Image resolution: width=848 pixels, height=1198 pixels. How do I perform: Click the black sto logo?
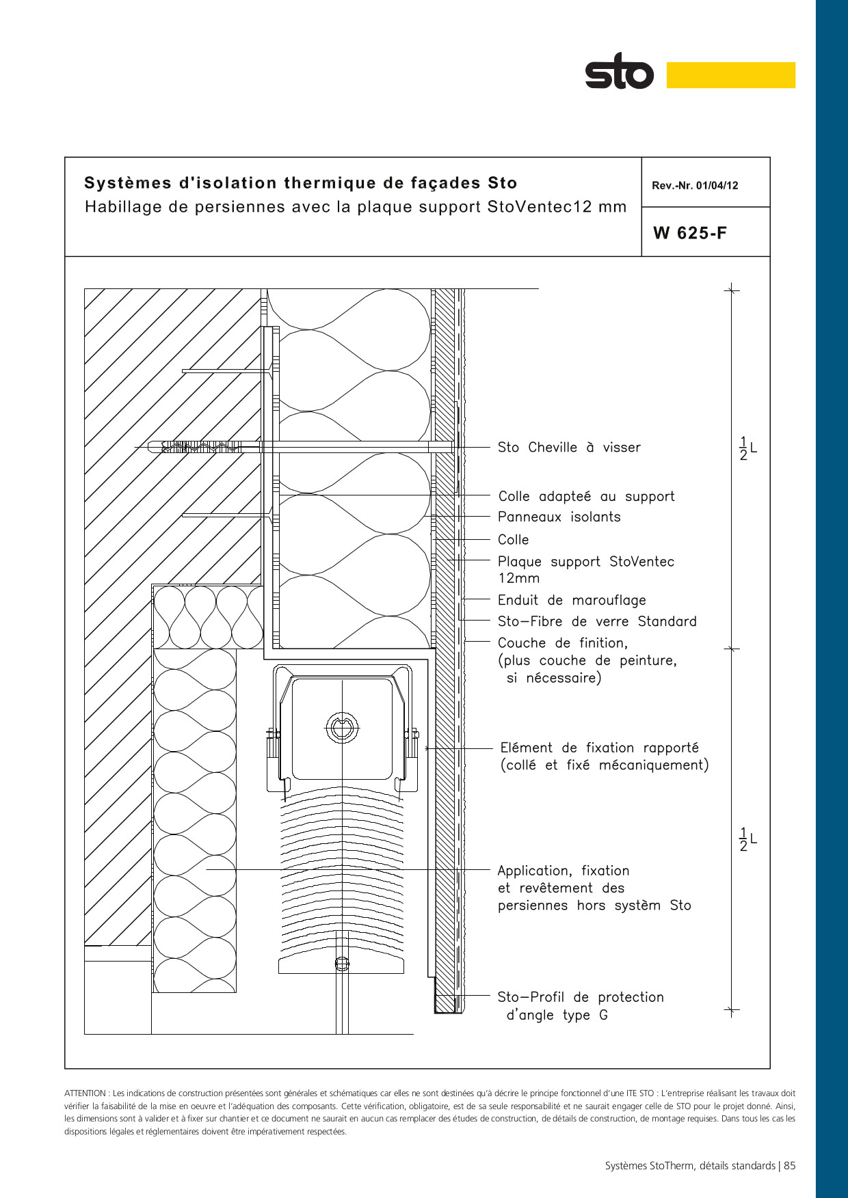pos(619,71)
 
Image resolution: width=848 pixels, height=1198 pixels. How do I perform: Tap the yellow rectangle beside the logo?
pos(730,75)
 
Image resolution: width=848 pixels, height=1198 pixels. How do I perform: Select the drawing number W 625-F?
pos(690,233)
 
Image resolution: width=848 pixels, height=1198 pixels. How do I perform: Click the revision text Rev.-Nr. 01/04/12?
pos(695,185)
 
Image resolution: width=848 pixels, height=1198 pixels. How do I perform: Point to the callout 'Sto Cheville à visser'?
pos(569,448)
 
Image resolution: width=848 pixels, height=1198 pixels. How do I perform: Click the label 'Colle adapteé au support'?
pos(586,497)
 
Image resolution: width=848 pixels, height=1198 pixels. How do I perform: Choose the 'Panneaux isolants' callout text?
pos(559,517)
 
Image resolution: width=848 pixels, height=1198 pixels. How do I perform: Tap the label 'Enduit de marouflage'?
pos(572,600)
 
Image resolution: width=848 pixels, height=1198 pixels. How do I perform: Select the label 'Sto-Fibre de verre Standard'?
pos(597,621)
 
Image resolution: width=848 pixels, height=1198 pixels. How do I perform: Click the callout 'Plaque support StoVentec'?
pos(585,562)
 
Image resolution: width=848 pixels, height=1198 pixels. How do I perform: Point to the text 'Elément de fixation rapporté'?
pos(599,748)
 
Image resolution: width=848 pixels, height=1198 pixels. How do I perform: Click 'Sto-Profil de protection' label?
pos(581,997)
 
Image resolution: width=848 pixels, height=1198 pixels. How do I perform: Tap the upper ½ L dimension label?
pos(748,448)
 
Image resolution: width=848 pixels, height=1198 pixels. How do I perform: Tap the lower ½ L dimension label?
pos(748,839)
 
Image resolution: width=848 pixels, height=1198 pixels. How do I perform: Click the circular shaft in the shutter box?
pos(341,727)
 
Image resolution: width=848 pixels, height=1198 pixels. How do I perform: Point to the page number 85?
pos(790,1166)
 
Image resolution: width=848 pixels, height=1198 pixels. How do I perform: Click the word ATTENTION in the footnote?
pos(85,1093)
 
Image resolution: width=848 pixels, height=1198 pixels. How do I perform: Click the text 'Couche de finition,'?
pos(562,643)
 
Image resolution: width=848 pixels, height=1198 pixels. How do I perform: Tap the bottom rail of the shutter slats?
pos(341,965)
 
